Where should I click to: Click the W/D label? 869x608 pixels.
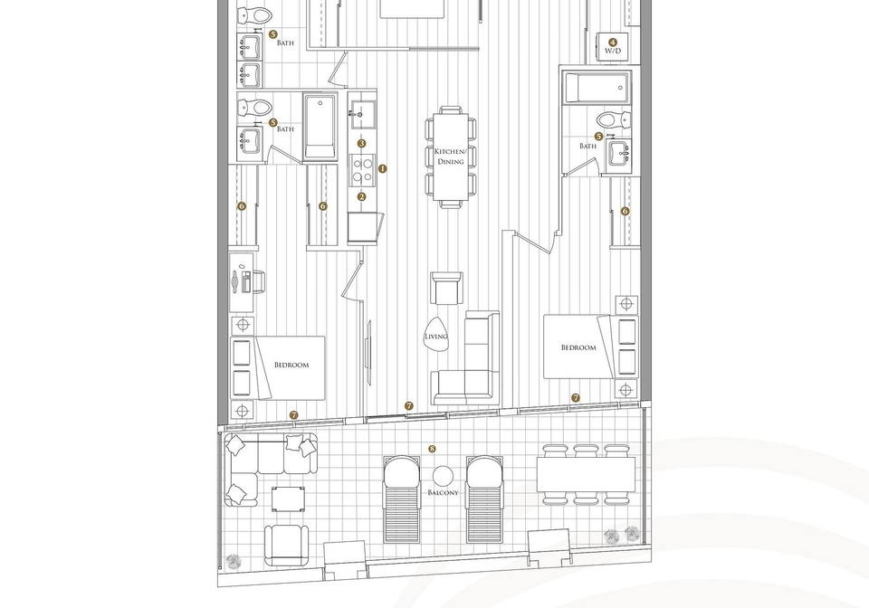coord(613,51)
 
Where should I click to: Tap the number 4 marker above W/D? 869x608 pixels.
coord(613,42)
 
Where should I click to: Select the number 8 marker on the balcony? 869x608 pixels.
coord(433,449)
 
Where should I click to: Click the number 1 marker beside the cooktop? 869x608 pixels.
coord(382,168)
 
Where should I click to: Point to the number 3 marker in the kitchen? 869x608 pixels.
coord(362,144)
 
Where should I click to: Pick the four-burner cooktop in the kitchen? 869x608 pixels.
coord(362,170)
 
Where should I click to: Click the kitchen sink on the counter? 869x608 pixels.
coord(362,115)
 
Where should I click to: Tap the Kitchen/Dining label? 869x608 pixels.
coord(451,157)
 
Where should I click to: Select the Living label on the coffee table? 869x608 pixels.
coord(436,336)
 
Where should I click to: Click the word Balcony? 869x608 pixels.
coord(444,492)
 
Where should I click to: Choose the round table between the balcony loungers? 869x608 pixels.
coord(443,476)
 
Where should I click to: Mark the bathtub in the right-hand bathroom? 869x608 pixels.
coord(597,88)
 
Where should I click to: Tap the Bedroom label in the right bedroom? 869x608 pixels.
coord(578,347)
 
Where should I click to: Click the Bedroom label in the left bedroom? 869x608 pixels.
coord(291,365)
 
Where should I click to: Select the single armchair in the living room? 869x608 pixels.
coord(447,288)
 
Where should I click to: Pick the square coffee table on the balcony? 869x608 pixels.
coord(288,499)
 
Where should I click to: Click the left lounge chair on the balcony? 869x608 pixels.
coord(403,499)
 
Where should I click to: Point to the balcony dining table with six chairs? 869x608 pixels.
coord(587,475)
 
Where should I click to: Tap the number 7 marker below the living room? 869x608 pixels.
coord(409,406)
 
